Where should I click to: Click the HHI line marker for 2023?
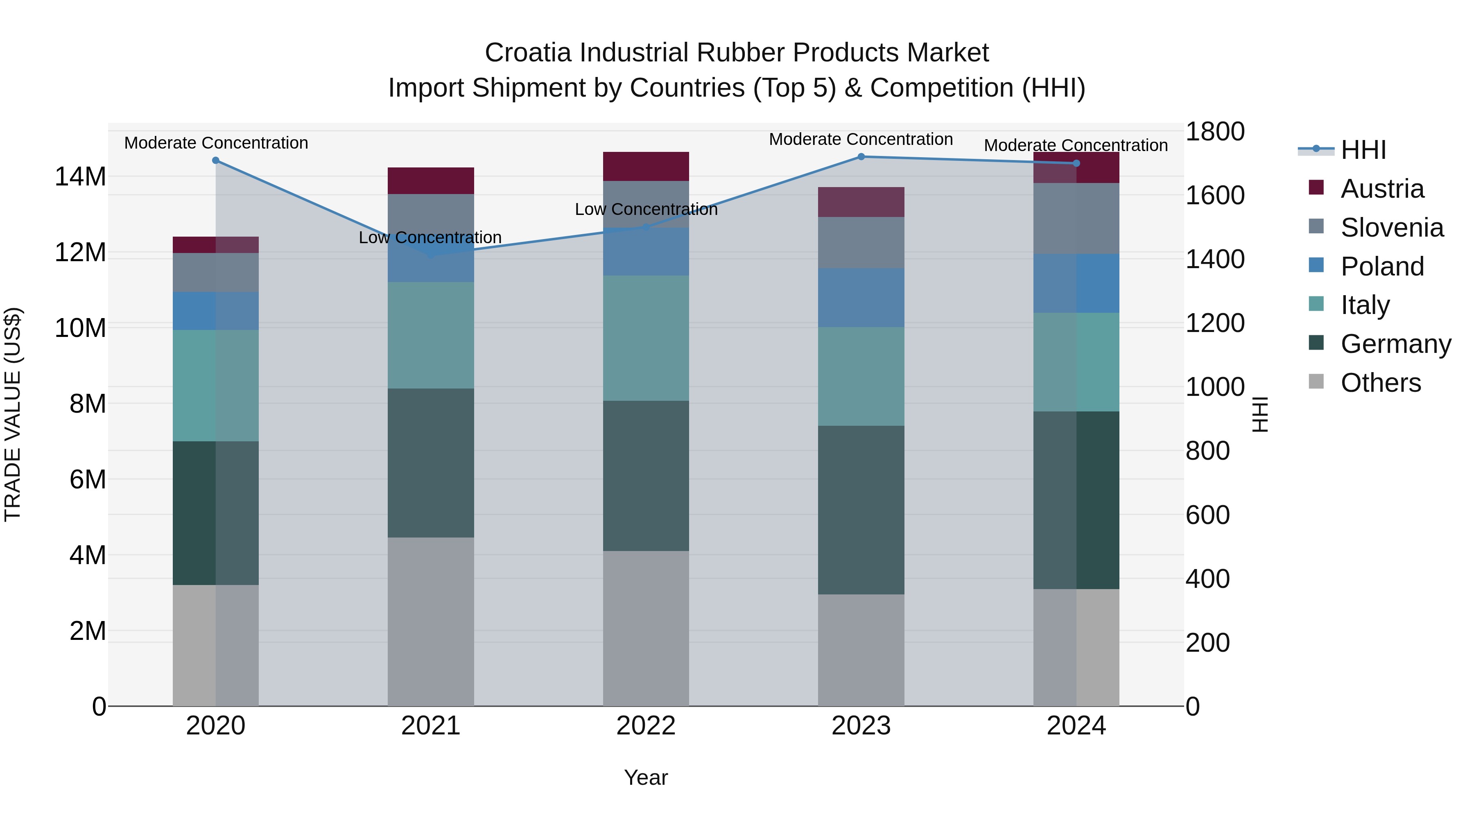coord(861,156)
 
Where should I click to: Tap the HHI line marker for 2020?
coord(216,160)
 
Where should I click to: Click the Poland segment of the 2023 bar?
coord(861,298)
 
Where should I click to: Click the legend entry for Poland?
coord(1381,266)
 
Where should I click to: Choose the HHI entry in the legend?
coord(1363,150)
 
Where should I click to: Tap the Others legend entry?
coord(1380,382)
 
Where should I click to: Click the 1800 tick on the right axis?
coord(1214,131)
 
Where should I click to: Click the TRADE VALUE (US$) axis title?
coord(13,414)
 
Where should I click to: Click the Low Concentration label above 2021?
coord(430,237)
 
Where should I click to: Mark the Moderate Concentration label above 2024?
coord(1075,145)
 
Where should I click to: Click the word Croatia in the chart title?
coord(528,53)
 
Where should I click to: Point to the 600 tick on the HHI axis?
coord(1207,515)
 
